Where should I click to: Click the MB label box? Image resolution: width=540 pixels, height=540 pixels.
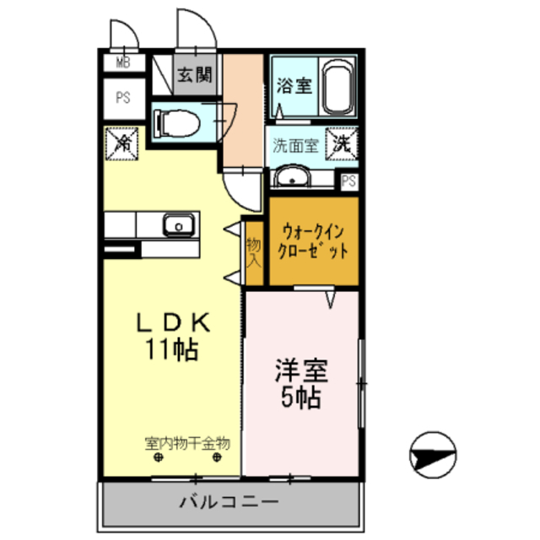pos(122,62)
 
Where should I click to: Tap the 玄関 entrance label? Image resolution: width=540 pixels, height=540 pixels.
pos(193,73)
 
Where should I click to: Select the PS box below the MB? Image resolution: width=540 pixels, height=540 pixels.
pos(123,97)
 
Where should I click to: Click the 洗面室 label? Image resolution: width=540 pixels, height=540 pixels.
pos(294,144)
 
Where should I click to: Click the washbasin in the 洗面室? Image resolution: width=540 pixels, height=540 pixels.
pos(293,177)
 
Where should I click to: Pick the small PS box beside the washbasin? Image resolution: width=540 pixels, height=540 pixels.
pos(348,179)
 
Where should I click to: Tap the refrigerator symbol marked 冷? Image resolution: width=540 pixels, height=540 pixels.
pos(121,142)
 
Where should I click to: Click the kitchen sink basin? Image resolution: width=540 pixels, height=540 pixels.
pos(178,225)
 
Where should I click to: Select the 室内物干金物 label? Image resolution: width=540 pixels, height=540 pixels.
pos(187,441)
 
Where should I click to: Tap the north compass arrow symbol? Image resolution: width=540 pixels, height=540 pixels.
pos(433,457)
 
